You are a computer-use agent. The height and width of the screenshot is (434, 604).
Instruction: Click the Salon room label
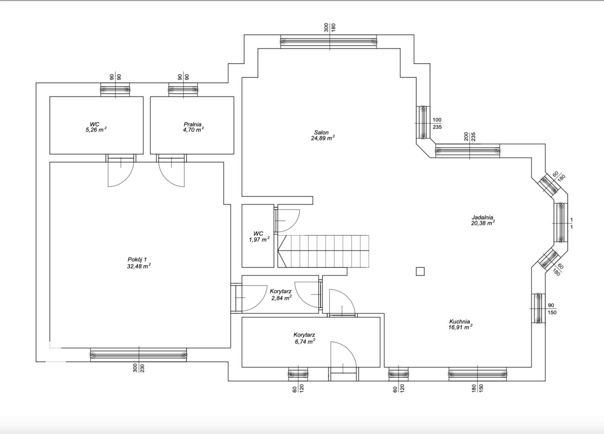[x=321, y=133]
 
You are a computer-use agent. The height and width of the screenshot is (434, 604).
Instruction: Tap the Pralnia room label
[x=193, y=124]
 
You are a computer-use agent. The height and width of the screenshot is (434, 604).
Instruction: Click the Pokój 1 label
[x=137, y=259]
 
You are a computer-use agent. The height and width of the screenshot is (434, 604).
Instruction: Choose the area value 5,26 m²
[x=96, y=130]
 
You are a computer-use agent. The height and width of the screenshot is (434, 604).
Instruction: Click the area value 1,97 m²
[x=259, y=239]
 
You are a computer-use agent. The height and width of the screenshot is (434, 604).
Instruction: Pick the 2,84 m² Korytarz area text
[x=282, y=298]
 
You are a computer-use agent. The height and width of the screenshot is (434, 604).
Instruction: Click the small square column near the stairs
[x=420, y=271]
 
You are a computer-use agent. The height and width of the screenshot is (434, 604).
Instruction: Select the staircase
[x=323, y=251]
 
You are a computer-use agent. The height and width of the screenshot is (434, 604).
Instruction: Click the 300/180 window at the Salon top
[x=328, y=42]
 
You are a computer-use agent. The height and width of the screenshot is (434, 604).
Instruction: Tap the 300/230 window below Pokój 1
[x=138, y=355]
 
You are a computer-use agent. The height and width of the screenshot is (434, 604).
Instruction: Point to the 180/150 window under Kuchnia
[x=478, y=374]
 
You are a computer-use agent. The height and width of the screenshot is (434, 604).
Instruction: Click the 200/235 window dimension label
[x=470, y=137]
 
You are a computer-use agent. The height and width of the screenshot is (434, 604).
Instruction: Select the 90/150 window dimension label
[x=552, y=309]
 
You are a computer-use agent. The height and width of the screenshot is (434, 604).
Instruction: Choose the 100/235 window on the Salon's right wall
[x=423, y=122]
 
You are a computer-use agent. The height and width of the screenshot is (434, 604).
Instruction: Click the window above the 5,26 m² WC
[x=115, y=90]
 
